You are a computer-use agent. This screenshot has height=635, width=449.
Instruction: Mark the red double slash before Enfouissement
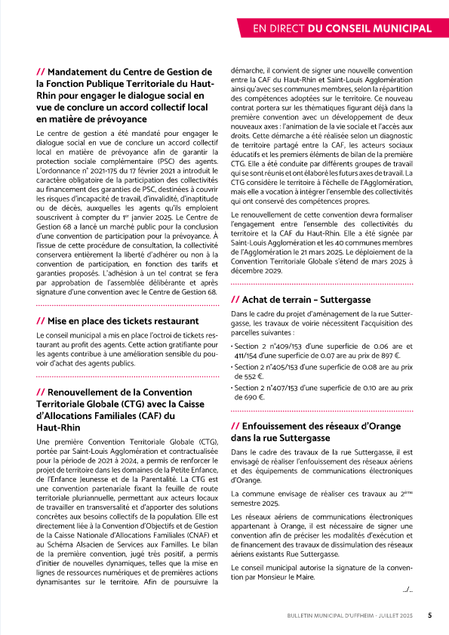235,425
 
